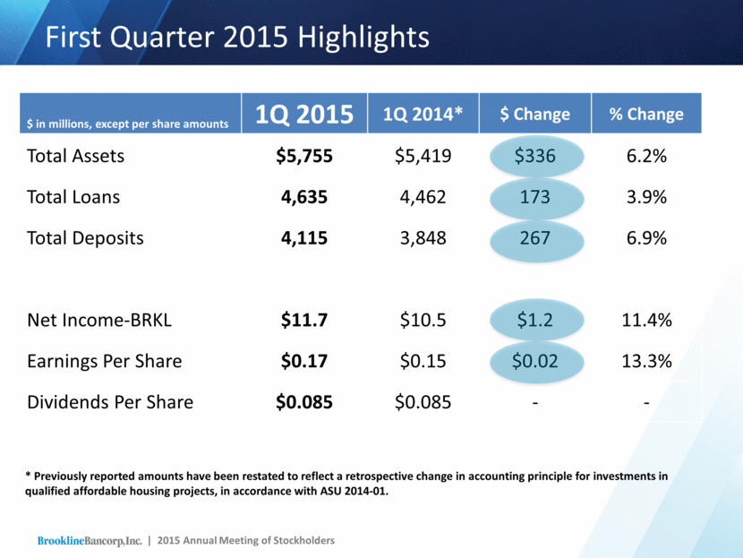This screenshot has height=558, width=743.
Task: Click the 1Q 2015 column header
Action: [x=305, y=114]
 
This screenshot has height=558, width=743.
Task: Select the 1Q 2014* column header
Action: [x=423, y=114]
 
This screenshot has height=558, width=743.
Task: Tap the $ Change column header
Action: [x=535, y=114]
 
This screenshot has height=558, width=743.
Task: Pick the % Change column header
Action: [x=646, y=114]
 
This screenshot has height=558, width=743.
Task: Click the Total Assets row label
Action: [x=76, y=156]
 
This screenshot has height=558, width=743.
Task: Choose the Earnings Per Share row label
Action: [x=105, y=361]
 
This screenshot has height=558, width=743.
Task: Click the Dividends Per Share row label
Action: [x=110, y=402]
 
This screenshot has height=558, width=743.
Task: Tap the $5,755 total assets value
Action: [x=304, y=156]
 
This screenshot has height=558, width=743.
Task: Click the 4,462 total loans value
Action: [x=423, y=197]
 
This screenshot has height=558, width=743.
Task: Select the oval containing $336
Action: [x=535, y=156]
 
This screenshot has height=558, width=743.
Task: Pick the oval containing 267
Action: [x=535, y=238]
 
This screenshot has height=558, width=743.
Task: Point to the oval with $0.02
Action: [x=535, y=361]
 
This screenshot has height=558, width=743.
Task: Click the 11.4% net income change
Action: [x=646, y=320]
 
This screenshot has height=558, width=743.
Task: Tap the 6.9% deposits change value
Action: [x=646, y=238]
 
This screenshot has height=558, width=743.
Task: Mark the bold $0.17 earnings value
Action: [x=304, y=361]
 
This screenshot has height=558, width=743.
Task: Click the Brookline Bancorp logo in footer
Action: [x=90, y=540]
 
